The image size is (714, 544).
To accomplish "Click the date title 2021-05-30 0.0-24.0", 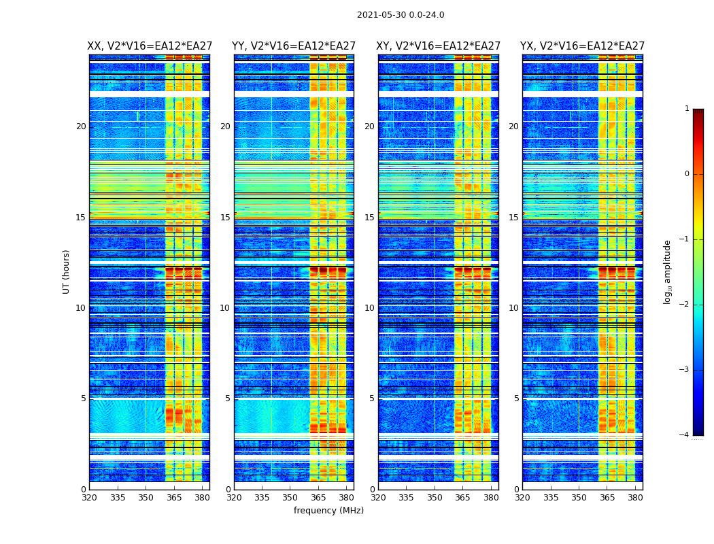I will (401, 15).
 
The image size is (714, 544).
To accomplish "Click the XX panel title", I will (150, 46).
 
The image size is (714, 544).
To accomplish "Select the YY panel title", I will (294, 46).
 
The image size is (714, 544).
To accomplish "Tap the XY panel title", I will (439, 46).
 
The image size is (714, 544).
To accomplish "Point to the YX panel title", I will (583, 46).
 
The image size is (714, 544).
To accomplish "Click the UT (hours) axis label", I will (67, 271).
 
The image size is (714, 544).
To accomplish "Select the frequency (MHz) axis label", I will (328, 511).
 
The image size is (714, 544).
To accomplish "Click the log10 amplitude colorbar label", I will (668, 271).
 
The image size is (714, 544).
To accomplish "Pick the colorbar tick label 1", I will (687, 109).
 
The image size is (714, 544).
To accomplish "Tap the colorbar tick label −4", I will (685, 435).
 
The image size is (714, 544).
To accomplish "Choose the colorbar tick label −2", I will (685, 305).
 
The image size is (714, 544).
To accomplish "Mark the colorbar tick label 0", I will (687, 174).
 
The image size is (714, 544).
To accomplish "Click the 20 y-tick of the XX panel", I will (81, 126).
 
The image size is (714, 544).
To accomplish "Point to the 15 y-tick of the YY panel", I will (225, 218).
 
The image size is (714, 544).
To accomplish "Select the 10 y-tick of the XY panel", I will (369, 308).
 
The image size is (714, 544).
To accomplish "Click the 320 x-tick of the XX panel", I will (89, 497).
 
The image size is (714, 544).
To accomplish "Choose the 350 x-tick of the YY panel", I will (290, 497).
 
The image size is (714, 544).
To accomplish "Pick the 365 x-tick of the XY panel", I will (462, 497).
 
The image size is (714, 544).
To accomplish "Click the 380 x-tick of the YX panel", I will (635, 497).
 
